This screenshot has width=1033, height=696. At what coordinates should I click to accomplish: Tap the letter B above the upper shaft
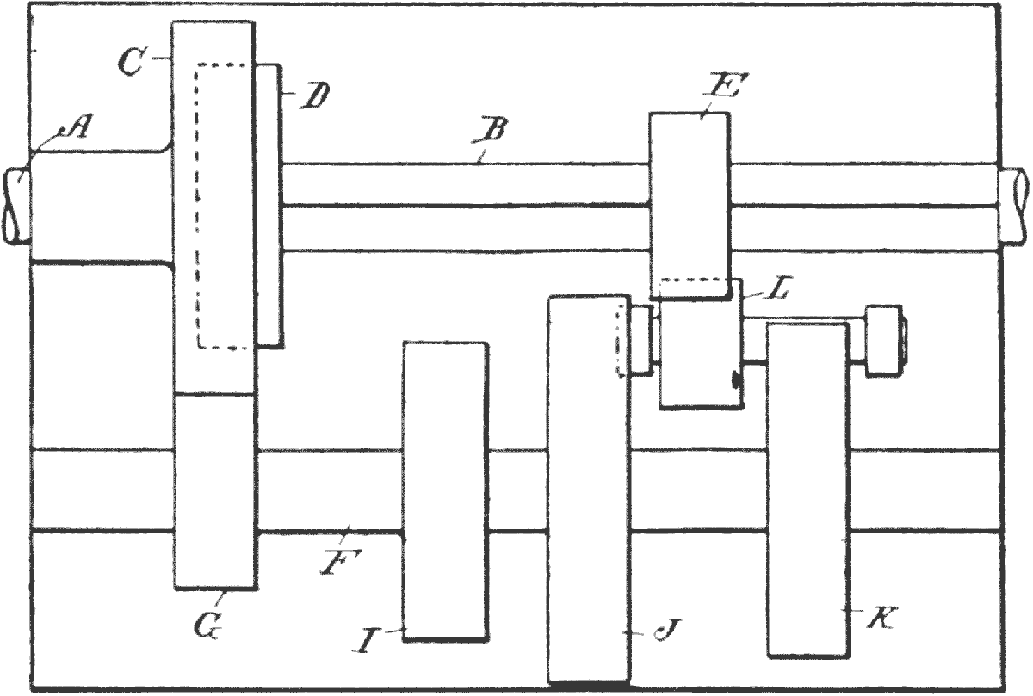[493, 132]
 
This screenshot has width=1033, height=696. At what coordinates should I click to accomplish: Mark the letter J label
[662, 634]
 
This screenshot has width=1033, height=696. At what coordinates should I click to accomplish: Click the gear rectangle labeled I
[446, 490]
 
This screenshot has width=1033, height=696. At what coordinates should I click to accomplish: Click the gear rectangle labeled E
[690, 203]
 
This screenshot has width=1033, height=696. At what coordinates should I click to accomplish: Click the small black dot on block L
[734, 379]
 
